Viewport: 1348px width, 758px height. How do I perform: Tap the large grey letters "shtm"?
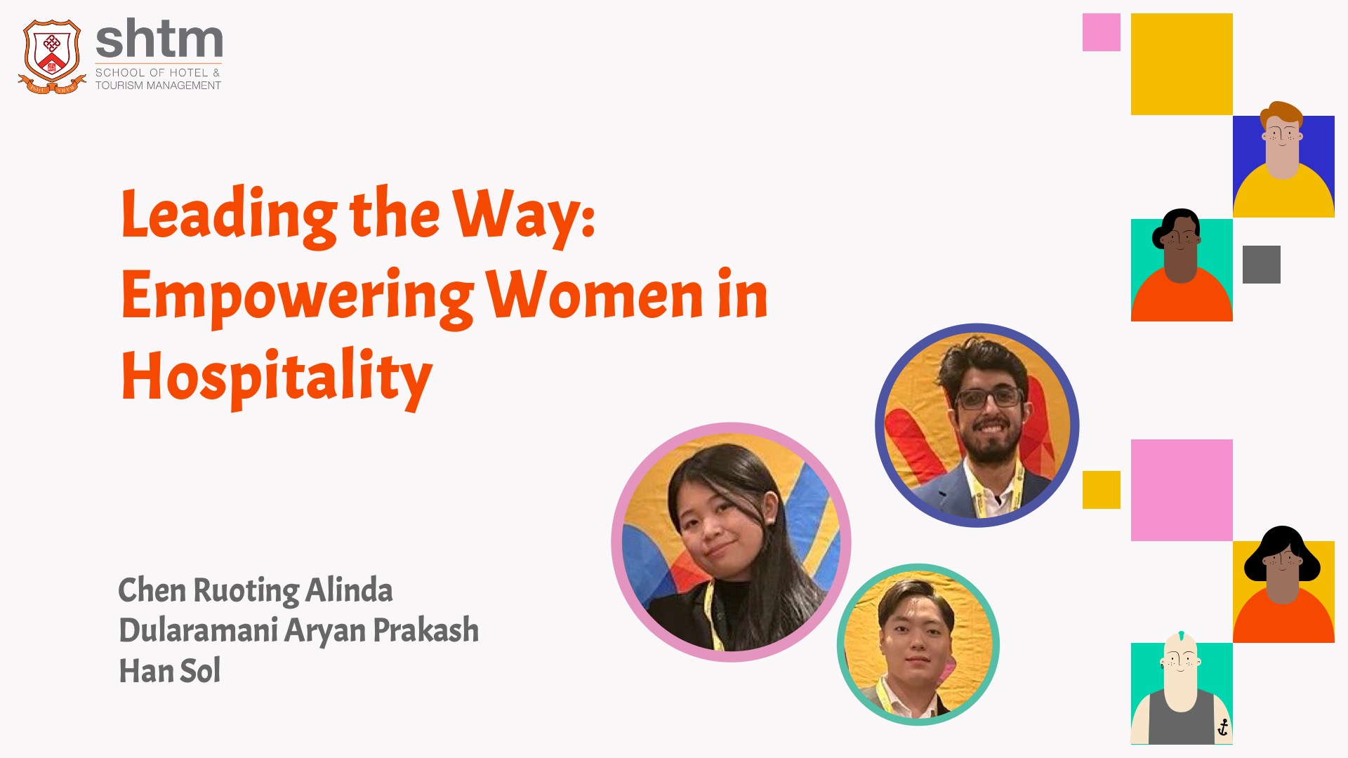click(159, 39)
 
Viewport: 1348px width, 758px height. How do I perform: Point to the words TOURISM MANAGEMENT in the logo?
click(158, 86)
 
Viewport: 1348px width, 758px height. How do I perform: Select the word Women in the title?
click(595, 295)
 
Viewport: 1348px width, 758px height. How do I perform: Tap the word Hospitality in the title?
click(277, 378)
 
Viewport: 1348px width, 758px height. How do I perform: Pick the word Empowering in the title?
click(298, 298)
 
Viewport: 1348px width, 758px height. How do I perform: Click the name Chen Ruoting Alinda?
click(256, 590)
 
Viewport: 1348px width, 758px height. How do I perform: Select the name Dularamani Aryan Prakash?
click(299, 630)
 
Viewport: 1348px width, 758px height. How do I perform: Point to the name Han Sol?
click(170, 670)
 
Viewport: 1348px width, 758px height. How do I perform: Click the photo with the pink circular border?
click(731, 542)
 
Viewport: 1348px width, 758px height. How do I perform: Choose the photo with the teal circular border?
click(918, 644)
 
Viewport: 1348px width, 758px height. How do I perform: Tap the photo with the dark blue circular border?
click(977, 425)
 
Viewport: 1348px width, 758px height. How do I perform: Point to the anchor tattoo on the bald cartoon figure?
click(1223, 727)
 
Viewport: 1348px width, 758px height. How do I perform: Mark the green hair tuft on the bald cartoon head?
click(1182, 636)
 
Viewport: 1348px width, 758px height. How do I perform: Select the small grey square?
click(1262, 265)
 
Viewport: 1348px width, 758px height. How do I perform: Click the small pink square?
click(1102, 32)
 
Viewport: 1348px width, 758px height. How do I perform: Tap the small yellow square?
click(1102, 490)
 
